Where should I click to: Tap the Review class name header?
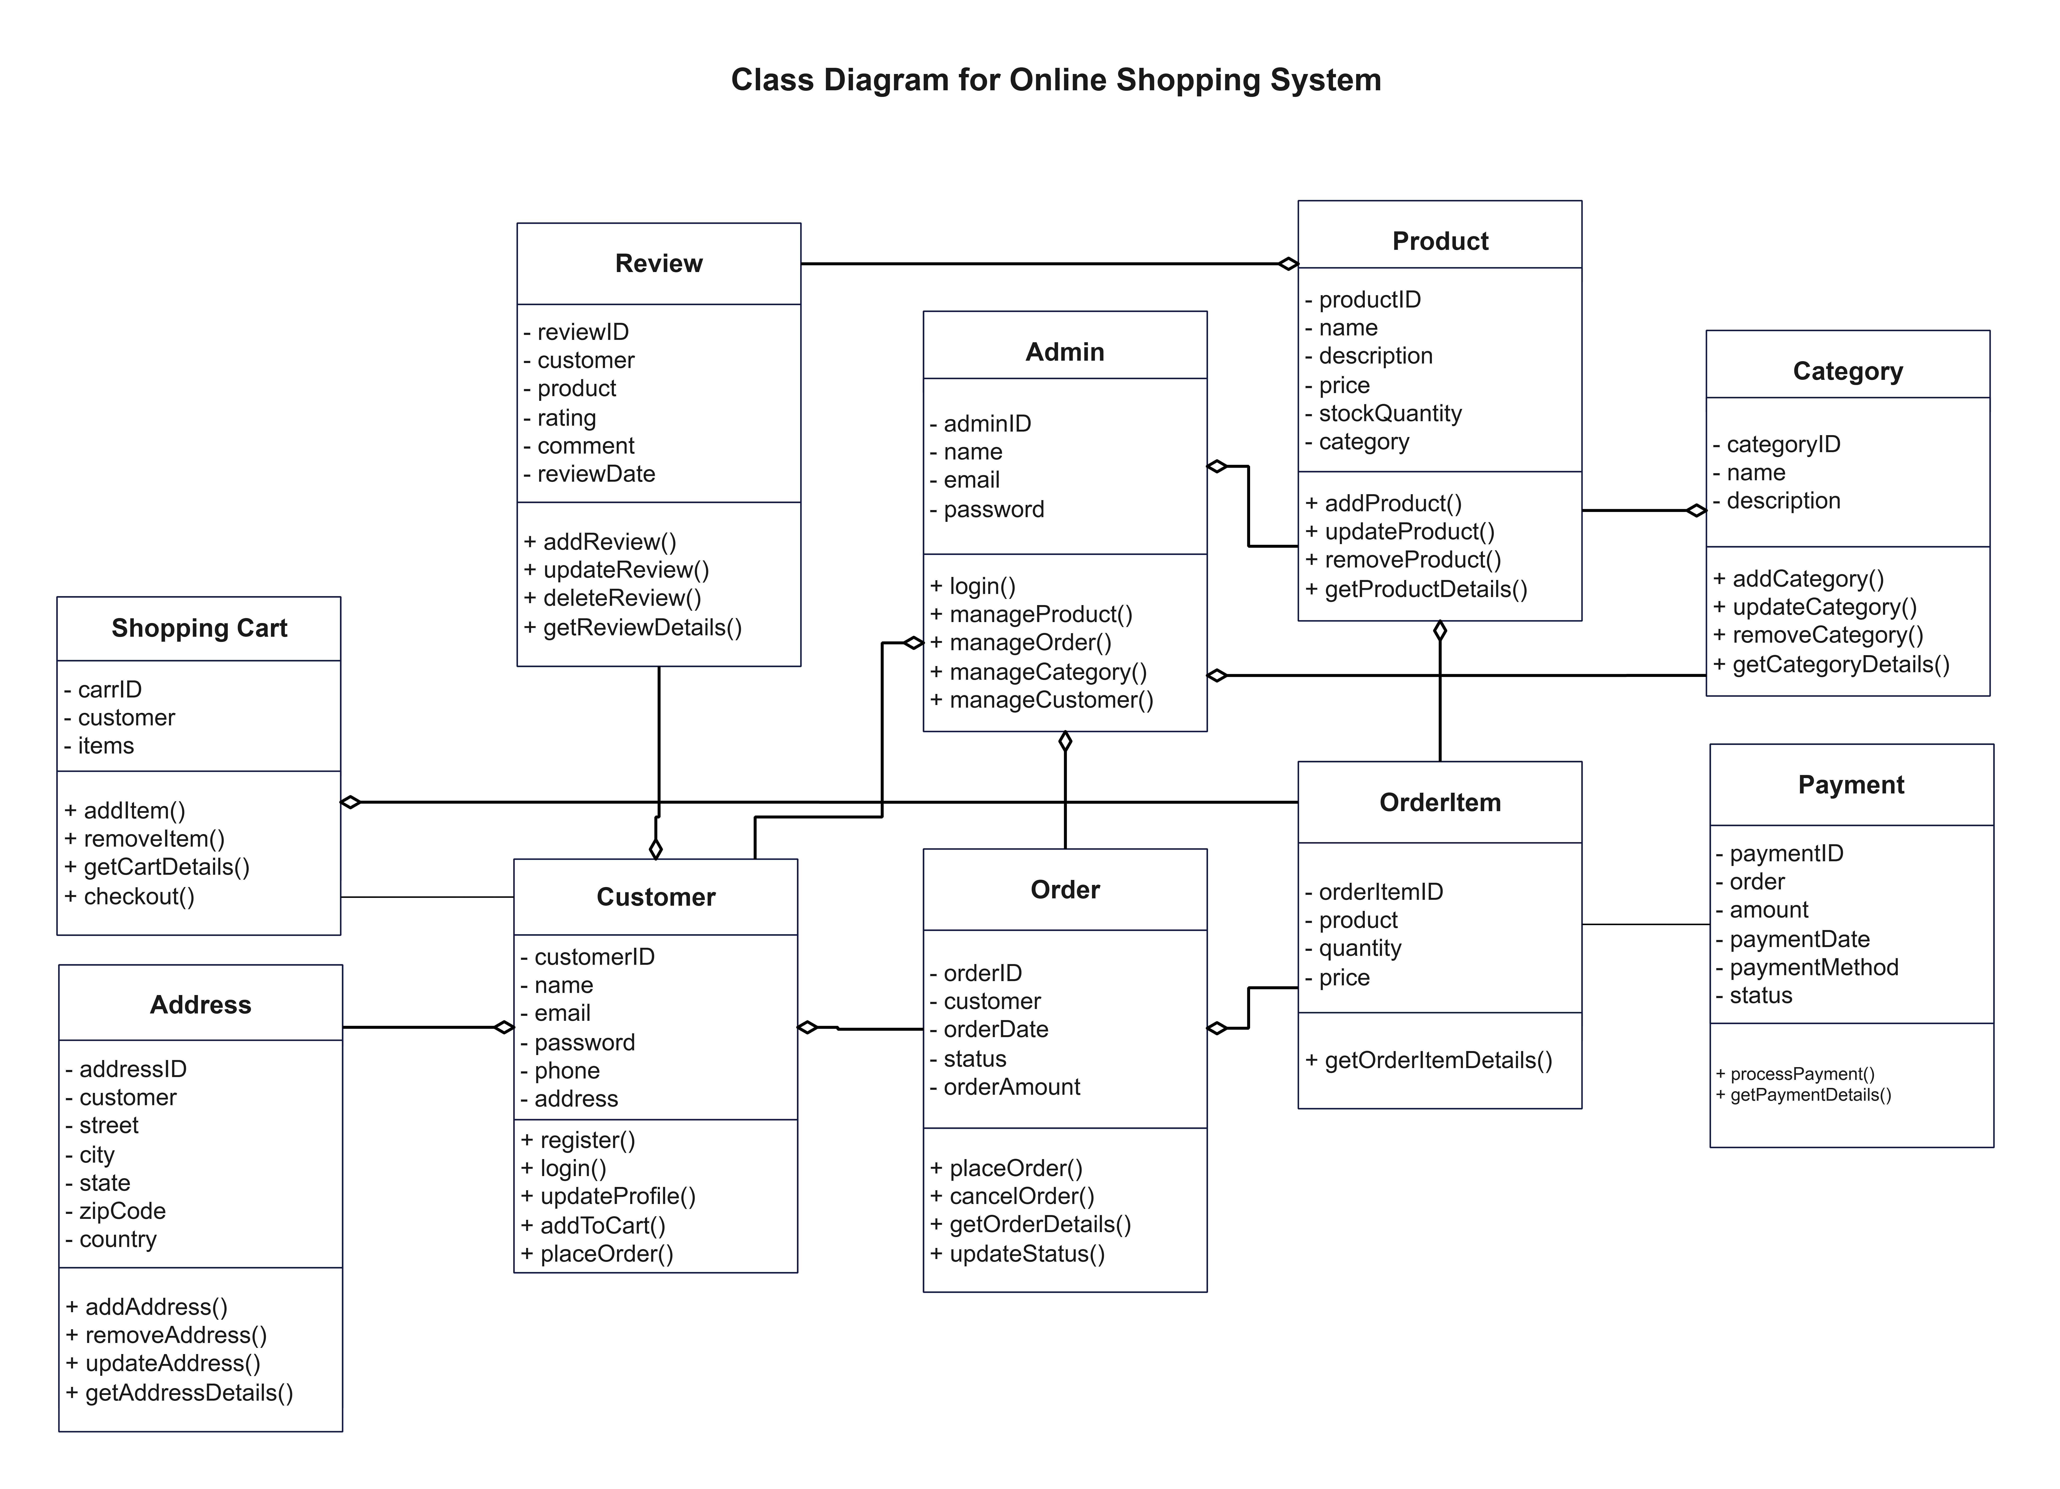(659, 263)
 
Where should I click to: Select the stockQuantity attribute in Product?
(1390, 414)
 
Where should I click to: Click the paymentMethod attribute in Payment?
(1813, 968)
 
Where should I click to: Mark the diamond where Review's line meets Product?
(1288, 264)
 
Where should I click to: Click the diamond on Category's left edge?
(1696, 511)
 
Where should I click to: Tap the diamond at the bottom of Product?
(1440, 631)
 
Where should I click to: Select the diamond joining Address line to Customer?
(504, 1028)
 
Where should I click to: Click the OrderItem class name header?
(1440, 803)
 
